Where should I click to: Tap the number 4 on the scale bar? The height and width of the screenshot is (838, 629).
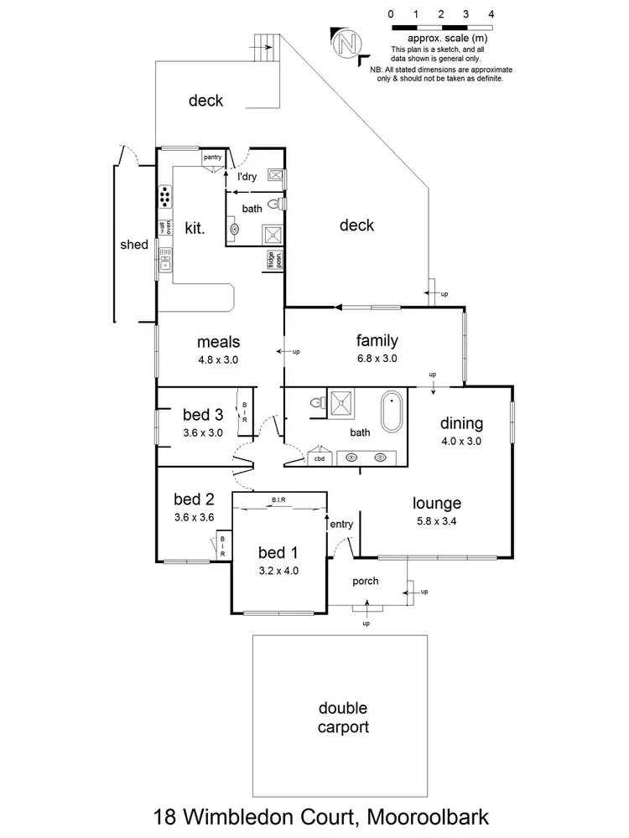(x=491, y=14)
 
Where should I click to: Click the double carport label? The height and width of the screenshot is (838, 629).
(x=342, y=718)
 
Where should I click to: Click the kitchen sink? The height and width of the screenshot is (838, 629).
(x=165, y=261)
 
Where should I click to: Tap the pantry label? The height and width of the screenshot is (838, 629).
(x=213, y=157)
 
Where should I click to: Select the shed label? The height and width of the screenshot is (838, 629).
(x=134, y=245)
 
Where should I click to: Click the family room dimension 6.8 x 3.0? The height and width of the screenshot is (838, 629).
(x=377, y=358)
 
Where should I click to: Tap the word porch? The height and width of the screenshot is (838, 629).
(x=366, y=581)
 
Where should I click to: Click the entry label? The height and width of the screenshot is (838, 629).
(x=342, y=524)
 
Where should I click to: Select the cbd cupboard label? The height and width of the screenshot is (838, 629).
(x=320, y=458)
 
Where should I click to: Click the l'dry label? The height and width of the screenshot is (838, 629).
(x=247, y=177)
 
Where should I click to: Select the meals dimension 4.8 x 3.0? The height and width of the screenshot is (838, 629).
(x=218, y=359)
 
